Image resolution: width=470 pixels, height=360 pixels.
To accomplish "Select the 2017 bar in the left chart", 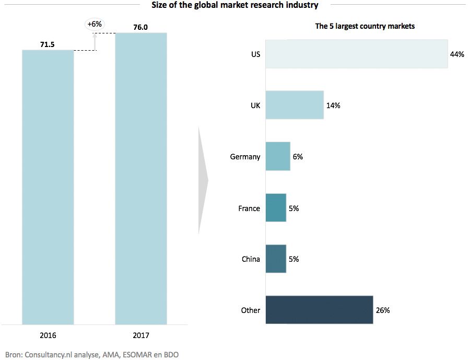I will [140, 178].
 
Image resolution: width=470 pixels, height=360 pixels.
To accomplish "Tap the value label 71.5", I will [48, 45].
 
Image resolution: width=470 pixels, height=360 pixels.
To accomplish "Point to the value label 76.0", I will [140, 28].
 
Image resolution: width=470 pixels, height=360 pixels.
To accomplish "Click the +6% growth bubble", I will [95, 24].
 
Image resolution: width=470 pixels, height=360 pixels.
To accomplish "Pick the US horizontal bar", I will [356, 54].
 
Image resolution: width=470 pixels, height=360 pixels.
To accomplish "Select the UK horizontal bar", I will [295, 105].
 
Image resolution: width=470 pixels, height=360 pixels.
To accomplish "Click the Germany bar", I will [278, 156].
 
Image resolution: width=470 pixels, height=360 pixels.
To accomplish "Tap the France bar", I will [276, 208].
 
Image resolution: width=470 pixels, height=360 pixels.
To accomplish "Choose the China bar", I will [276, 259].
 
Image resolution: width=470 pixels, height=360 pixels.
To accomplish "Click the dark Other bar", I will [319, 310].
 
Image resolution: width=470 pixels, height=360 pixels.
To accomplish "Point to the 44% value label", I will [457, 54].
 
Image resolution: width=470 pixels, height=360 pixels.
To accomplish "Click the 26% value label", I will [382, 310].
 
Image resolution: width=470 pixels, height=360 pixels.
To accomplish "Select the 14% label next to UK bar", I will [333, 106].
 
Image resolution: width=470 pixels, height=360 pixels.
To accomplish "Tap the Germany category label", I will [245, 157].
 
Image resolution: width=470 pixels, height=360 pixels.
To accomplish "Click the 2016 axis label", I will [48, 335].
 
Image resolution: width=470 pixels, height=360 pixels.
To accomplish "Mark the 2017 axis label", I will [140, 335].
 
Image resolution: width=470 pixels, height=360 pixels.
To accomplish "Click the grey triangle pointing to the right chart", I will [203, 180].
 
